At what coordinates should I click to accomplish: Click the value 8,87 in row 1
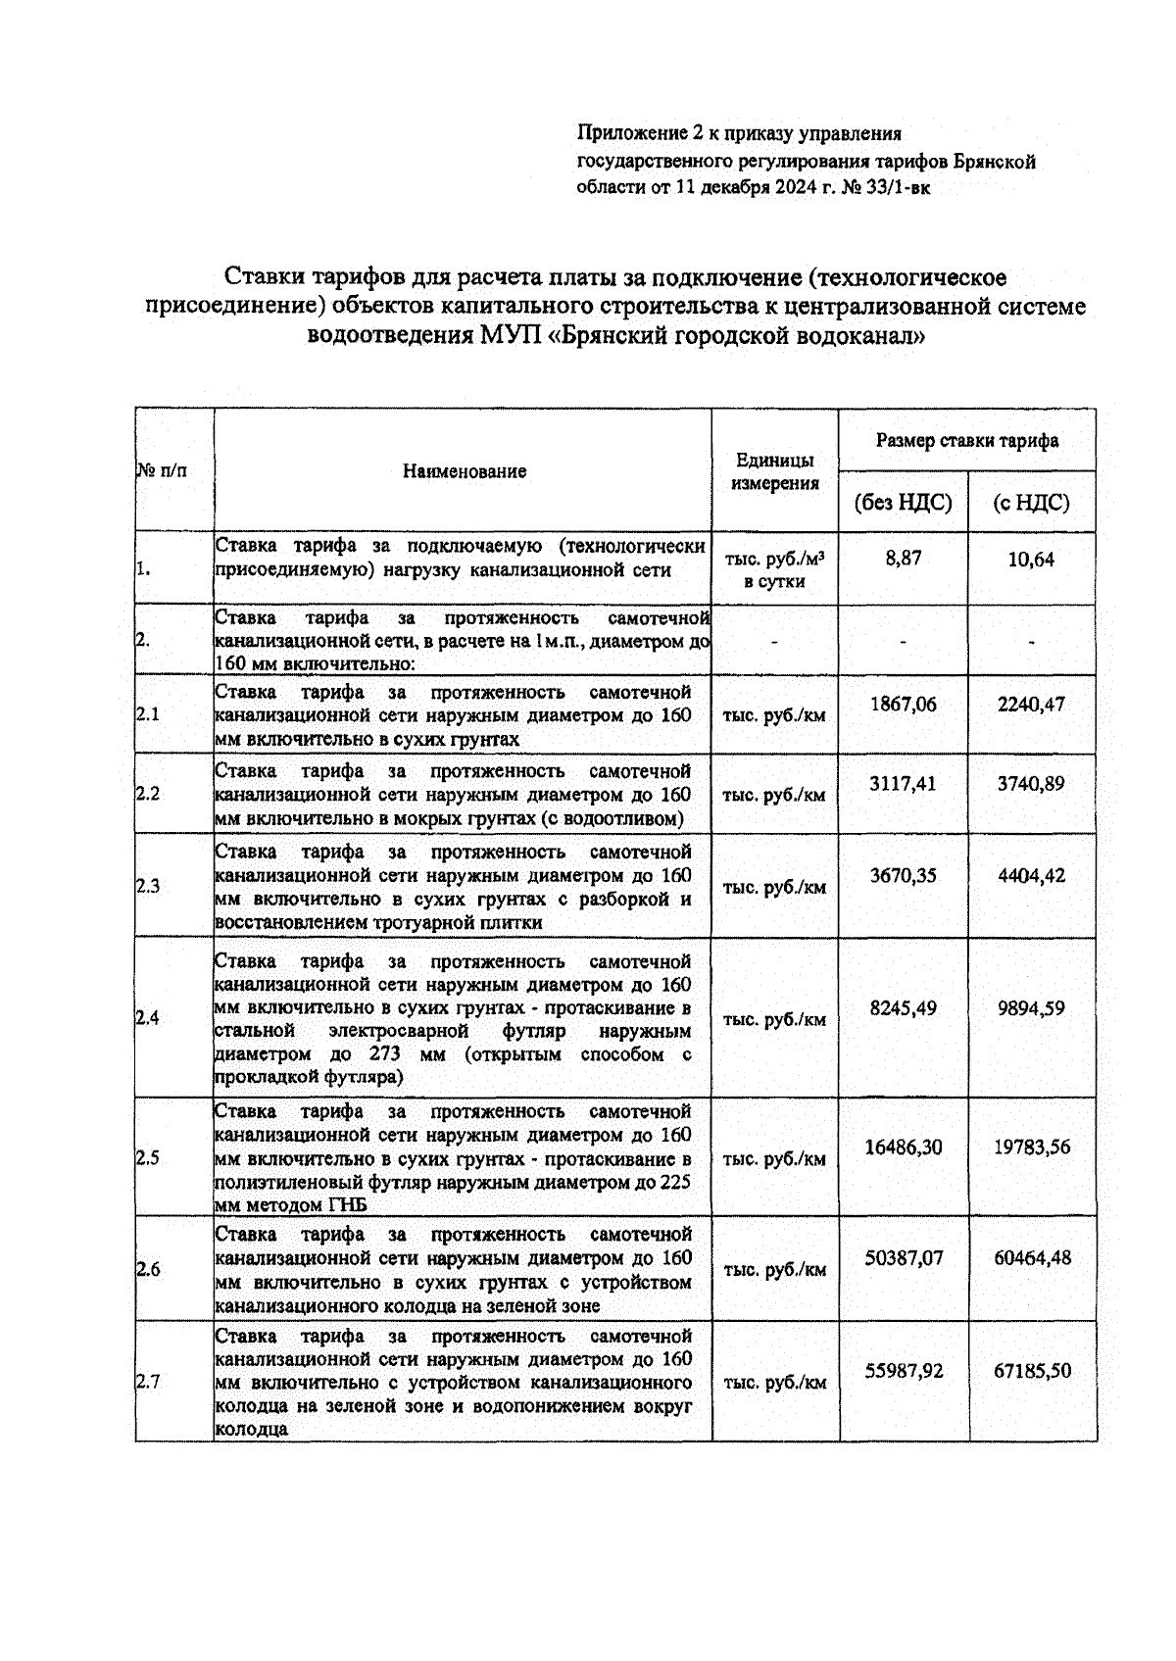[x=903, y=560]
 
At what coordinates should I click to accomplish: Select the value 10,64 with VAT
[x=1031, y=561]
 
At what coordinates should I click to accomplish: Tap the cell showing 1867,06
[x=903, y=704]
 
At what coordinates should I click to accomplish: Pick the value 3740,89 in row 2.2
[x=1031, y=784]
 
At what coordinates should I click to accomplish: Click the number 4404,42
[x=1031, y=876]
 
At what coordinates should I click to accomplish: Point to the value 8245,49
[x=903, y=1008]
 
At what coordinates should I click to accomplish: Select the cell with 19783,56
[x=1032, y=1148]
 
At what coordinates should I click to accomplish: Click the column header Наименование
[x=465, y=471]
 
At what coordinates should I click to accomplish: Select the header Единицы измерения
[x=775, y=471]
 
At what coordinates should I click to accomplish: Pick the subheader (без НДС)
[x=903, y=504]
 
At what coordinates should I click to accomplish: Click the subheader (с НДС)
[x=1031, y=504]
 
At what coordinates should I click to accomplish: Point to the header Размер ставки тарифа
[x=966, y=441]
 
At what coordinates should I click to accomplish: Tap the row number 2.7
[x=148, y=1383]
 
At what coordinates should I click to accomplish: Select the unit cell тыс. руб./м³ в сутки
[x=774, y=570]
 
